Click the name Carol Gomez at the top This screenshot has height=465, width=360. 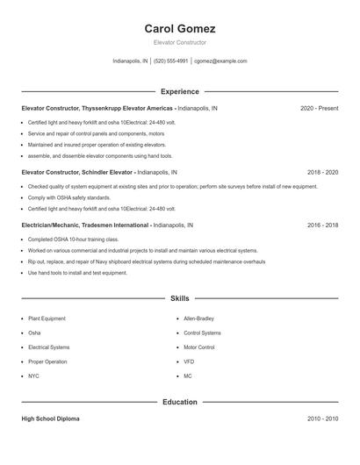180,29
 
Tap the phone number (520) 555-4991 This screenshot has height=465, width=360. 170,61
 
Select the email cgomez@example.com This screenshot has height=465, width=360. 220,61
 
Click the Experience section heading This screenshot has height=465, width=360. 180,91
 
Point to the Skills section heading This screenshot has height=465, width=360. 180,298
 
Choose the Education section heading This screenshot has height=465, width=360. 180,402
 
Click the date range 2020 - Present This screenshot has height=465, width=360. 319,108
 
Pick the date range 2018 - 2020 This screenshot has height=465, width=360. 322,173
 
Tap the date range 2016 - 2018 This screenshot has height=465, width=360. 322,225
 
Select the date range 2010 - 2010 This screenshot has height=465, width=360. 322,418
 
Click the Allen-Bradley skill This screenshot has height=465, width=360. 200,318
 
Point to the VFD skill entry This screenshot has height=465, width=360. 189,361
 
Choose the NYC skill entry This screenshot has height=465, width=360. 33,376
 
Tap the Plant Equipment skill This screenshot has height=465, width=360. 47,318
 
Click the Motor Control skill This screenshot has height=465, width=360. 199,347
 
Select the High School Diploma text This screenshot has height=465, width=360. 50,418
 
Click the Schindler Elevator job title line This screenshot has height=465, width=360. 99,173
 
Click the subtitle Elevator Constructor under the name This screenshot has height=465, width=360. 180,43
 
